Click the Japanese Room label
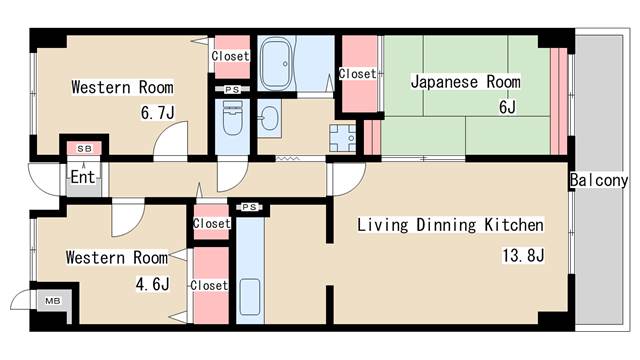pos(465,82)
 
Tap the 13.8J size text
pos(523,256)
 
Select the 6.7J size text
pos(158,113)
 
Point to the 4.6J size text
pos(152,284)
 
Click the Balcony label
pos(599,180)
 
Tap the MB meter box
pos(53,301)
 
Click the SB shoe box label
pos(84,149)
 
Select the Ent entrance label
pos(83,177)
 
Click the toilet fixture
pos(233,118)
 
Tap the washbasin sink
pos(269,118)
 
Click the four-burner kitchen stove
pos(342,138)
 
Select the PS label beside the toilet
pos(232,89)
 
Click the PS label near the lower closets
pos(249,207)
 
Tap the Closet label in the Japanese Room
pos(357,73)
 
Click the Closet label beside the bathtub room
pos(230,56)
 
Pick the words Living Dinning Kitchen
pos(451,225)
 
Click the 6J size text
pos(507,107)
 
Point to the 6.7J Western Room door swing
pos(171,139)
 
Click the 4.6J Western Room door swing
pos(128,218)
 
